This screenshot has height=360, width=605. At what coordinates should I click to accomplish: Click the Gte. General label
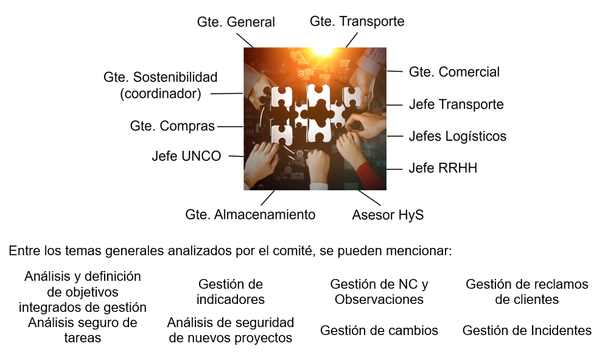point(236,22)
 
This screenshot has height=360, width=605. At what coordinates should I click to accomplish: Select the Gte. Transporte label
point(357,22)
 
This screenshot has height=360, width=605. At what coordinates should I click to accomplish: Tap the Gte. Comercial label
point(454,72)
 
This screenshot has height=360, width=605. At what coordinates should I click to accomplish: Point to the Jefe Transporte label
point(456,104)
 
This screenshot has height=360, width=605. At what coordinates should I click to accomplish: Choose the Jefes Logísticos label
point(458,136)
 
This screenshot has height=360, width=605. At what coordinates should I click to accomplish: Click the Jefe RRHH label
point(443,168)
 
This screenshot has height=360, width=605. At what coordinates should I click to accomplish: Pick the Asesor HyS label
point(388,215)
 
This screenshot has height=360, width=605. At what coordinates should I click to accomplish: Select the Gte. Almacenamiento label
point(250,214)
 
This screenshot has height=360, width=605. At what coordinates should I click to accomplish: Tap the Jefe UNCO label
point(186,156)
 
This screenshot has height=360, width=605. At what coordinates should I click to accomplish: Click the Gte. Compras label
point(172,126)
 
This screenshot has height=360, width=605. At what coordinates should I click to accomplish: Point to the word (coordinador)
point(161,94)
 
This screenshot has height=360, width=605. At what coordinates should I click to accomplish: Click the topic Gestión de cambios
point(379,331)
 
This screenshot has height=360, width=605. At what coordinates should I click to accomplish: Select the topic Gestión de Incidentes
point(527,331)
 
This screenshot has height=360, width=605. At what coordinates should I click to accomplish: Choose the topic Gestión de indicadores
point(230,292)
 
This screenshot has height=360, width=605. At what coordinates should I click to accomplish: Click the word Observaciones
point(379,299)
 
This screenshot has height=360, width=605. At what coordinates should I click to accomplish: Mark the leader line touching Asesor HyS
point(369,198)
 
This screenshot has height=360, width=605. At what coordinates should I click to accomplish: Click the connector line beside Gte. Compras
point(230,127)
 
